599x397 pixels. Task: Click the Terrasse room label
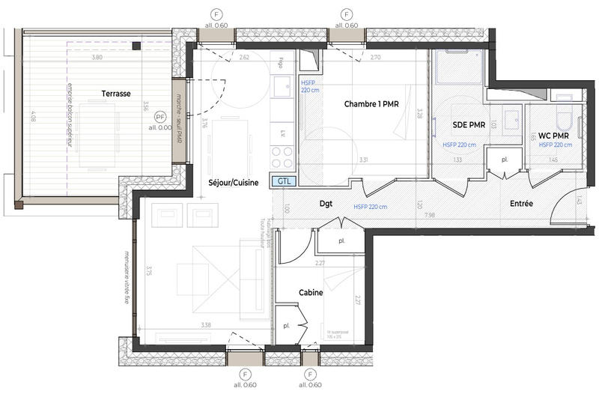pyautogui.click(x=118, y=94)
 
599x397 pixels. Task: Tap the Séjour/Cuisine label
pyautogui.click(x=233, y=182)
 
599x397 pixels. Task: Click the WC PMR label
pyautogui.click(x=553, y=136)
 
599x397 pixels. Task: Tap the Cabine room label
pyautogui.click(x=311, y=293)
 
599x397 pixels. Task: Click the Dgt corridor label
pyautogui.click(x=325, y=203)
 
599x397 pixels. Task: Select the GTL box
pyautogui.click(x=285, y=181)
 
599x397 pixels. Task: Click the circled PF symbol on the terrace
pyautogui.click(x=159, y=117)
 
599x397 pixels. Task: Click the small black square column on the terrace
pyautogui.click(x=136, y=46)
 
